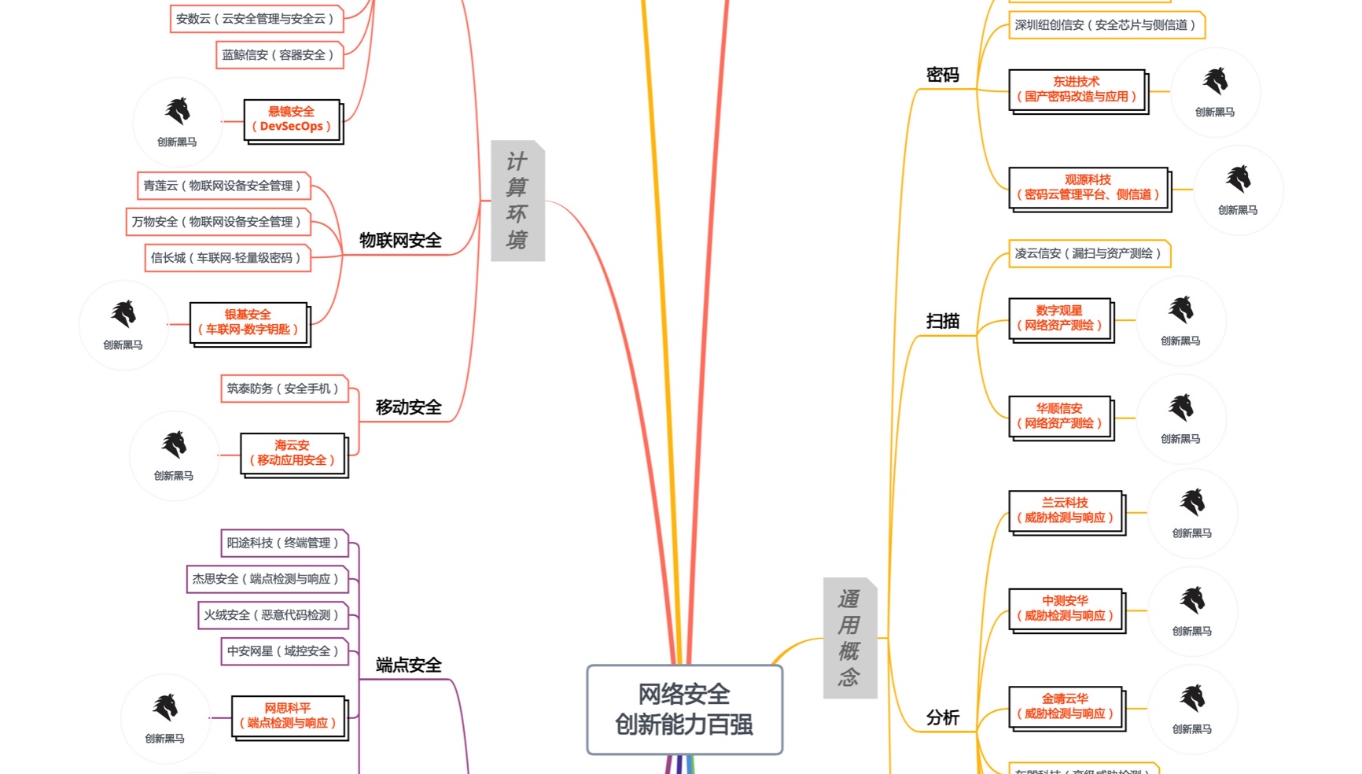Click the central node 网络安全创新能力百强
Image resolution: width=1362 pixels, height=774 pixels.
tap(684, 709)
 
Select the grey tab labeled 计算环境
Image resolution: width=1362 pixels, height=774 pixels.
tap(517, 201)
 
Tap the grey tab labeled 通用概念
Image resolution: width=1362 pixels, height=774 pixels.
tap(848, 638)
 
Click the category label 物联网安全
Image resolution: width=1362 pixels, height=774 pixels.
tap(400, 241)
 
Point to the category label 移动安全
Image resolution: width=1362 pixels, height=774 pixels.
tap(408, 407)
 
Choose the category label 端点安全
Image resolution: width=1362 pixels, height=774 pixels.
tap(408, 665)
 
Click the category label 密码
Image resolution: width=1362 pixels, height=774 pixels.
tap(942, 76)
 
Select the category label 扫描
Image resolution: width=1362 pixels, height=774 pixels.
tap(942, 321)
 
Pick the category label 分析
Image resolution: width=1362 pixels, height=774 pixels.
tap(942, 717)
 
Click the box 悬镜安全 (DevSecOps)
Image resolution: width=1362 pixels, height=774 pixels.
tap(292, 120)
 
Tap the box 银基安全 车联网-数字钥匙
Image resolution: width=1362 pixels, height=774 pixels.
tap(248, 322)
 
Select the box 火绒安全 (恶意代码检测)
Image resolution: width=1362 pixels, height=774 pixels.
tap(271, 615)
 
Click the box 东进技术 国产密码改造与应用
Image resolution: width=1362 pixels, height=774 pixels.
tap(1077, 90)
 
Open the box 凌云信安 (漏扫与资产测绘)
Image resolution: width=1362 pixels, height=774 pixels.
tap(1088, 253)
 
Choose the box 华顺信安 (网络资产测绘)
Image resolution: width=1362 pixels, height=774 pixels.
tap(1059, 416)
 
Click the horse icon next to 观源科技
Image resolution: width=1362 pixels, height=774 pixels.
tap(1238, 180)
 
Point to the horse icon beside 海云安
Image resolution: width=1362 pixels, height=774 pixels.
tap(174, 445)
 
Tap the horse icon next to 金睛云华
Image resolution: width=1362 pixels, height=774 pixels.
tap(1192, 698)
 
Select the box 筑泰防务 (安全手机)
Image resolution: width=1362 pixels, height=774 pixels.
tap(283, 389)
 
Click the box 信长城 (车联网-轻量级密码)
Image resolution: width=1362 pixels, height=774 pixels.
tap(226, 258)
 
